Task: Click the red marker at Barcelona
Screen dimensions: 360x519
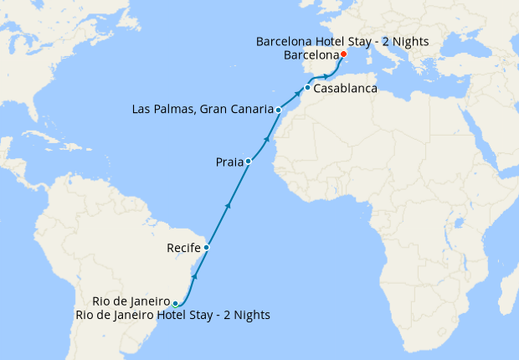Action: [x=343, y=55]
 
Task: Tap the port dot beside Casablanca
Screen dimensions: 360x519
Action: [x=308, y=88]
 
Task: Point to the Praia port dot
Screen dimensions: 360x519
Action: [x=249, y=161]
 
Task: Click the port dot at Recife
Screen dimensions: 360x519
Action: [x=206, y=248]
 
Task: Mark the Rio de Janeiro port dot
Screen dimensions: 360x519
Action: [x=175, y=303]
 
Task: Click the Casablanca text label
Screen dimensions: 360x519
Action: [x=345, y=89]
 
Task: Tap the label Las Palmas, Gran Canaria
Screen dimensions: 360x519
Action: [x=203, y=109]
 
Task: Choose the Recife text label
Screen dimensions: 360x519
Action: [x=182, y=248]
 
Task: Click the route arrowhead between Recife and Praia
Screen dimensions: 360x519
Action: [x=228, y=203]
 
